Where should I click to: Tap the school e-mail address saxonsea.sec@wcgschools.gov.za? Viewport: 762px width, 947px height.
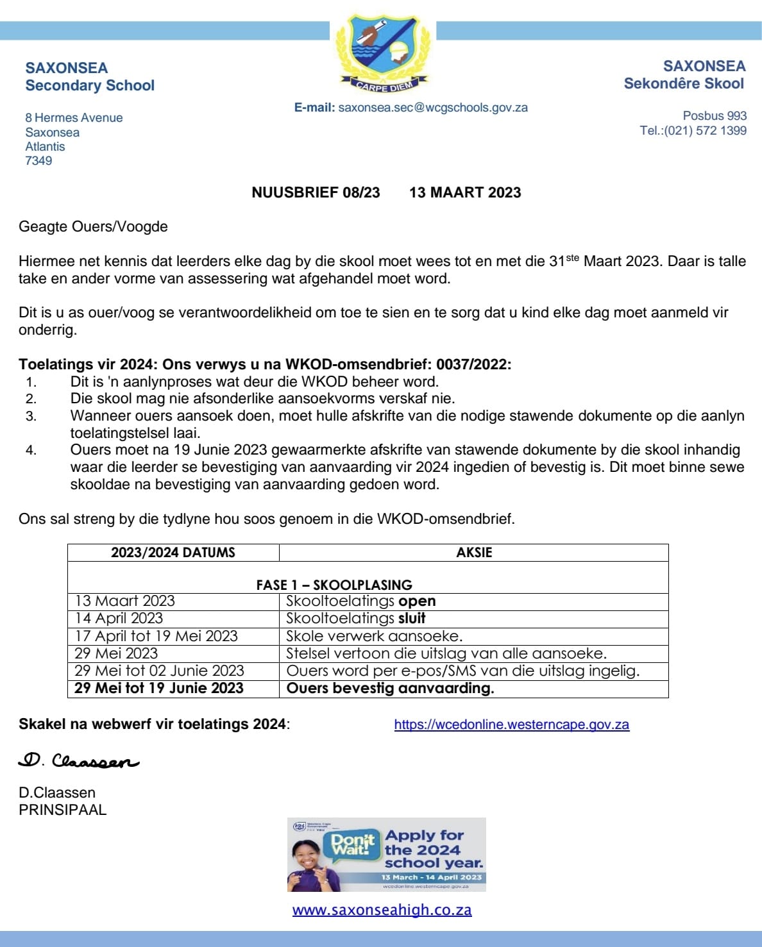[433, 108]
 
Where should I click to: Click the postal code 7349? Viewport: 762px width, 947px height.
[38, 161]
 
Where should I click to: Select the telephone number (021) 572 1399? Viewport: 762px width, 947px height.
[705, 131]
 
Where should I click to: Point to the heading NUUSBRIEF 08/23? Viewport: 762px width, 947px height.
[316, 193]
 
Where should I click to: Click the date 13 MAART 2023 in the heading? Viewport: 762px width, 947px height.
[465, 193]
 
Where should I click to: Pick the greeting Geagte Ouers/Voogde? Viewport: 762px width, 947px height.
[93, 227]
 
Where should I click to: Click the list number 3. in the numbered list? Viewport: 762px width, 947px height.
[31, 416]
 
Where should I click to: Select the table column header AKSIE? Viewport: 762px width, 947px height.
[474, 553]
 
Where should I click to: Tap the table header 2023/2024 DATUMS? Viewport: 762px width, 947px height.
[173, 553]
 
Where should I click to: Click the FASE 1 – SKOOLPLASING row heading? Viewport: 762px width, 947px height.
[334, 585]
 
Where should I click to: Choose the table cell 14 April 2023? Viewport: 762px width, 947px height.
[119, 619]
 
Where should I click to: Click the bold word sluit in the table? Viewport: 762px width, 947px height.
[412, 619]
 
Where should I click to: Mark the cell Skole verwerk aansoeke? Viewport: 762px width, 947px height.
[374, 636]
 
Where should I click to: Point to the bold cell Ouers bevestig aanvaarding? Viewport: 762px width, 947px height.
[390, 689]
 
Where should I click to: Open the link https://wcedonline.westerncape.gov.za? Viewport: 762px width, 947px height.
[511, 725]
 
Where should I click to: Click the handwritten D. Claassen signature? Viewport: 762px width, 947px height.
[78, 761]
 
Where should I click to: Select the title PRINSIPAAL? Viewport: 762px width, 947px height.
[62, 810]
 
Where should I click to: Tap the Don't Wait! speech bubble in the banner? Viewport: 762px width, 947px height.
[352, 844]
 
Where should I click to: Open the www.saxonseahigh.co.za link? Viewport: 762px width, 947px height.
[382, 910]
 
